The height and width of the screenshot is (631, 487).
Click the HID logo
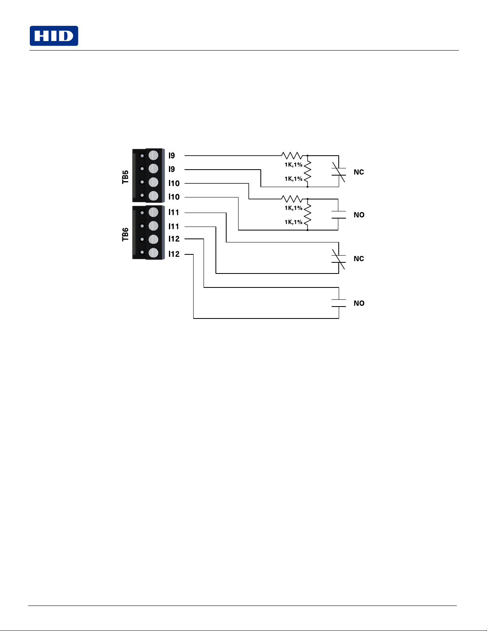coord(54,36)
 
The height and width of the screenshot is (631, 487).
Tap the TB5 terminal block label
coord(125,177)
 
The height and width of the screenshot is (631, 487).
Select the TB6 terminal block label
coord(125,234)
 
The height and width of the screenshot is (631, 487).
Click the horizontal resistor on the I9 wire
coord(292,156)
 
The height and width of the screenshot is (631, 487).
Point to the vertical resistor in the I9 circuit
coord(308,171)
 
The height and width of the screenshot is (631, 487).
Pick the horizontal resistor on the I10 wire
coord(292,199)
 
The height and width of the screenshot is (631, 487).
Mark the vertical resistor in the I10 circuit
coord(308,215)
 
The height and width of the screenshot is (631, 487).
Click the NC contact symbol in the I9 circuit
coord(339,172)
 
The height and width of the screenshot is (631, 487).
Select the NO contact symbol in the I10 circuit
coord(339,215)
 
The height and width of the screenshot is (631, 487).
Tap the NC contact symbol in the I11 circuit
coord(339,259)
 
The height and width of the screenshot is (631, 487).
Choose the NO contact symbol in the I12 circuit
coord(339,303)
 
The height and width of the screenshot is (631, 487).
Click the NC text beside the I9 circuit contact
coord(359,172)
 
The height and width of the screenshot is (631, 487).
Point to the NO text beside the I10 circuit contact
coord(359,215)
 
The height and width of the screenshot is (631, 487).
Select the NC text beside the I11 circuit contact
coord(359,259)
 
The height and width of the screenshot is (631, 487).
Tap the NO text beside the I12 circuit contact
coord(359,303)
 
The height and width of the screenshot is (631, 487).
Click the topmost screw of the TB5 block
coord(153,155)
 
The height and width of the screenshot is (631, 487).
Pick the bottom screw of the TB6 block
coord(153,253)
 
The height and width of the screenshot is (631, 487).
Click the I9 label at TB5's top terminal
coord(172,156)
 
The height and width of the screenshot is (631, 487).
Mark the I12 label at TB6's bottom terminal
coord(174,254)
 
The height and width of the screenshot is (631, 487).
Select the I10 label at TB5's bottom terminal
coord(174,197)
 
